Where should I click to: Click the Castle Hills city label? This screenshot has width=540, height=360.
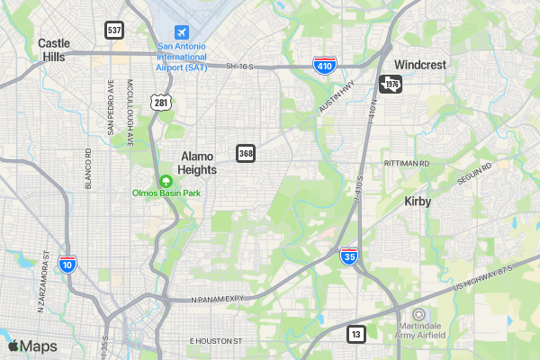coord(53,49)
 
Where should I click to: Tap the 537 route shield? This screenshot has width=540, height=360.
coord(113,30)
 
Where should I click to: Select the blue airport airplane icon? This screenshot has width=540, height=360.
coord(184,32)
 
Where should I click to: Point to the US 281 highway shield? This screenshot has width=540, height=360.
coord(161,103)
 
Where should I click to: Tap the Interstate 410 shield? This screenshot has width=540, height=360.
coord(325,65)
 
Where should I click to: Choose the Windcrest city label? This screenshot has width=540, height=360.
coord(419,66)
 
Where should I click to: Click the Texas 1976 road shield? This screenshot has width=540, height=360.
coord(391,84)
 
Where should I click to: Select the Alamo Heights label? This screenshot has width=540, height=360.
coord(196,162)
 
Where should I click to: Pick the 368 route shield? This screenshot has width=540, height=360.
coord(246,153)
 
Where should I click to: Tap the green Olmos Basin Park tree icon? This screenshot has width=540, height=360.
coord(166,181)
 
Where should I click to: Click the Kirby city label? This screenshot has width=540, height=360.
coord(418,202)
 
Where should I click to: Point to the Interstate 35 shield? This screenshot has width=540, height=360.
coord(349,256)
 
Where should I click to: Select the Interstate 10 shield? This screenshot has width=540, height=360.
coord(67,264)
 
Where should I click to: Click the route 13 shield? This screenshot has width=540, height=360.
coord(356,334)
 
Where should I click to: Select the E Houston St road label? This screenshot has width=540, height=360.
coord(216,342)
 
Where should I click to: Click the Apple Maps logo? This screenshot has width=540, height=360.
coord(32,346)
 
